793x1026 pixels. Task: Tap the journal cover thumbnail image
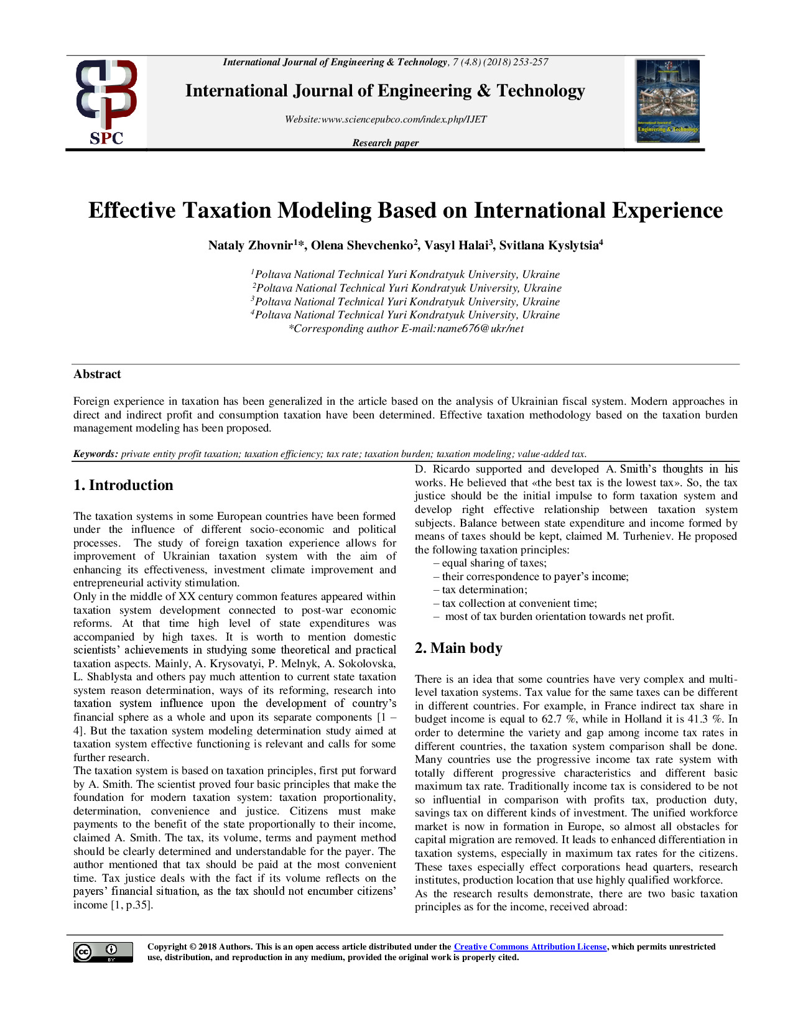[x=667, y=101]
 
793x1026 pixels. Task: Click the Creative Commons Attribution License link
[x=530, y=946]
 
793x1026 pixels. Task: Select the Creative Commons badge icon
[x=103, y=952]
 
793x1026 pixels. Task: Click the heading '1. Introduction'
[x=123, y=485]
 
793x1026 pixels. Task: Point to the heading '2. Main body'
[x=458, y=648]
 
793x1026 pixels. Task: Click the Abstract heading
[x=97, y=374]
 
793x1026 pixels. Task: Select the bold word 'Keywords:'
[x=95, y=453]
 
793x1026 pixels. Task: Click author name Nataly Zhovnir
[x=250, y=245]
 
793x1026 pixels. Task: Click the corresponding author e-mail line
[x=406, y=328]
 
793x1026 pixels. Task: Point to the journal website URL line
[x=386, y=119]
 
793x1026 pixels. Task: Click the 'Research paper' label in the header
[x=386, y=142]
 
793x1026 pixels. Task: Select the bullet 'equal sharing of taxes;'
[x=491, y=563]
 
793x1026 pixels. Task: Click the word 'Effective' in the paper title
[x=132, y=210]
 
